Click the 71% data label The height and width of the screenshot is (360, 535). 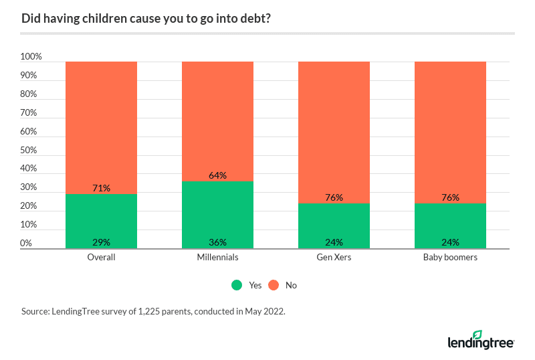(101, 189)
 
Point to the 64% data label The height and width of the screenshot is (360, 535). (217, 175)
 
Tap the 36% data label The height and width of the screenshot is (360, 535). (217, 242)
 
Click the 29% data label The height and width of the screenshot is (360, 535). (101, 242)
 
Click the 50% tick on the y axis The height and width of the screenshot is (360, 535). (31, 150)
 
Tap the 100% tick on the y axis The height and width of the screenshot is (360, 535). (31, 57)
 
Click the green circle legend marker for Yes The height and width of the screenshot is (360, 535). (237, 285)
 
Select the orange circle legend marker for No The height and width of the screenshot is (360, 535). (274, 285)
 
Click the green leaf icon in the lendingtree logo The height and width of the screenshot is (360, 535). (477, 335)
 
